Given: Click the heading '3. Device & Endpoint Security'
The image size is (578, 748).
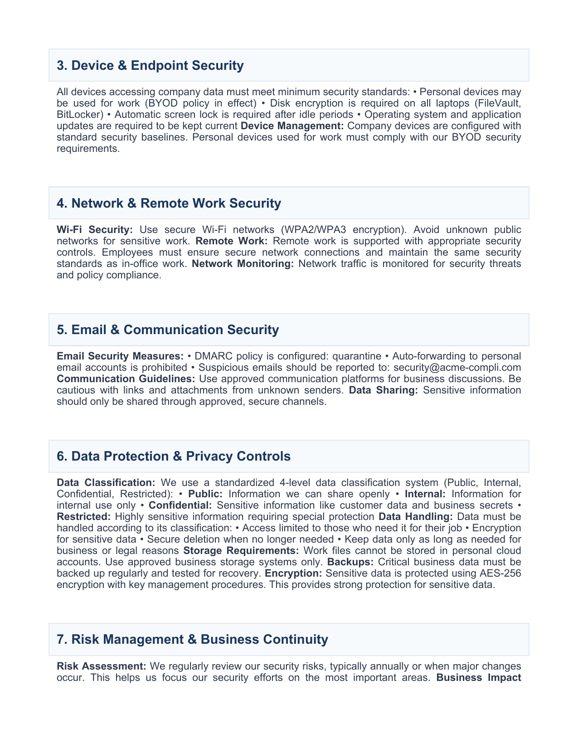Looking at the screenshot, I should [150, 65].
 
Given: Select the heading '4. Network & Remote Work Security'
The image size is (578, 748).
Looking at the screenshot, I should [169, 203].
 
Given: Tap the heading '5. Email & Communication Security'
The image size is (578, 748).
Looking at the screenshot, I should [168, 330].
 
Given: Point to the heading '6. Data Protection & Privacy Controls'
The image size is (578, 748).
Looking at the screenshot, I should [174, 456].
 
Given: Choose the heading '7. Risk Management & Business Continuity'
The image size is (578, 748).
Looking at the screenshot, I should [192, 639].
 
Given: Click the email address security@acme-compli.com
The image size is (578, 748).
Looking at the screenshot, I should [457, 367].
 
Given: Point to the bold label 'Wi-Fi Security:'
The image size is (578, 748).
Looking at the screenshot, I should [95, 229].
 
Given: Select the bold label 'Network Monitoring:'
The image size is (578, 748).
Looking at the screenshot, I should [243, 263].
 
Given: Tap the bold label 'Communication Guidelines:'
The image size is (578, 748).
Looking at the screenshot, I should [126, 379].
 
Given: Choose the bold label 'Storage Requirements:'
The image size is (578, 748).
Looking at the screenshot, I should [241, 550].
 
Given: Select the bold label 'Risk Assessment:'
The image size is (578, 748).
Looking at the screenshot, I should [102, 666].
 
